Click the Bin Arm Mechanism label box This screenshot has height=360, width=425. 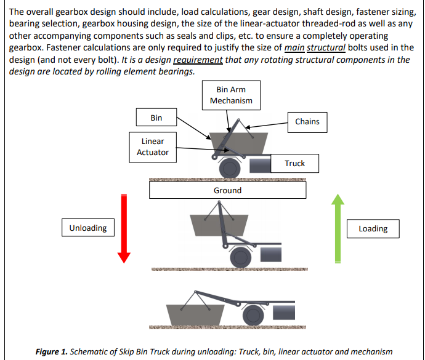(x=231, y=95)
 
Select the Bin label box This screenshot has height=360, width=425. (x=156, y=118)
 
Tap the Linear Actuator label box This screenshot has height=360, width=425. (x=152, y=146)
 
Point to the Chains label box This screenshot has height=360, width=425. (x=307, y=122)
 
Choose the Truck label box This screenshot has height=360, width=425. (x=294, y=163)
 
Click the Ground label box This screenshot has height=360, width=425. (x=227, y=190)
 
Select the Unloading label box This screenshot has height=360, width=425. (x=88, y=228)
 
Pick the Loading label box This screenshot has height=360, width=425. (x=373, y=228)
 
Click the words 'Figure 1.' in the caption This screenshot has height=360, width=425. (x=52, y=352)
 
